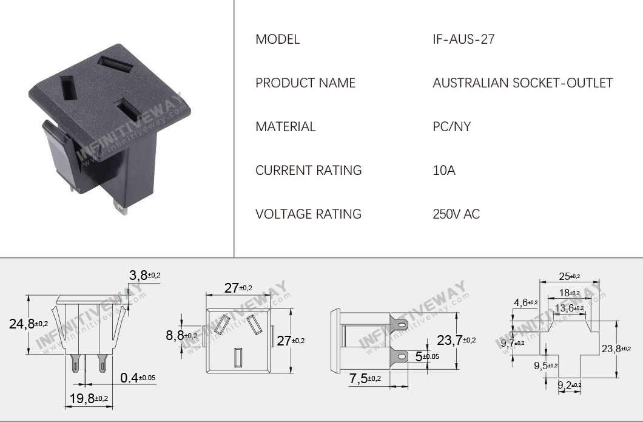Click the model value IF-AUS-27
[463, 39]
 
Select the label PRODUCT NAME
[305, 83]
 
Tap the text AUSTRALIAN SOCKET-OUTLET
[522, 83]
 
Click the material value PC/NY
[451, 127]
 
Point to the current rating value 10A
[443, 171]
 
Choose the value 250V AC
[456, 214]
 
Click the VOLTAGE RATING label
[308, 214]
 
